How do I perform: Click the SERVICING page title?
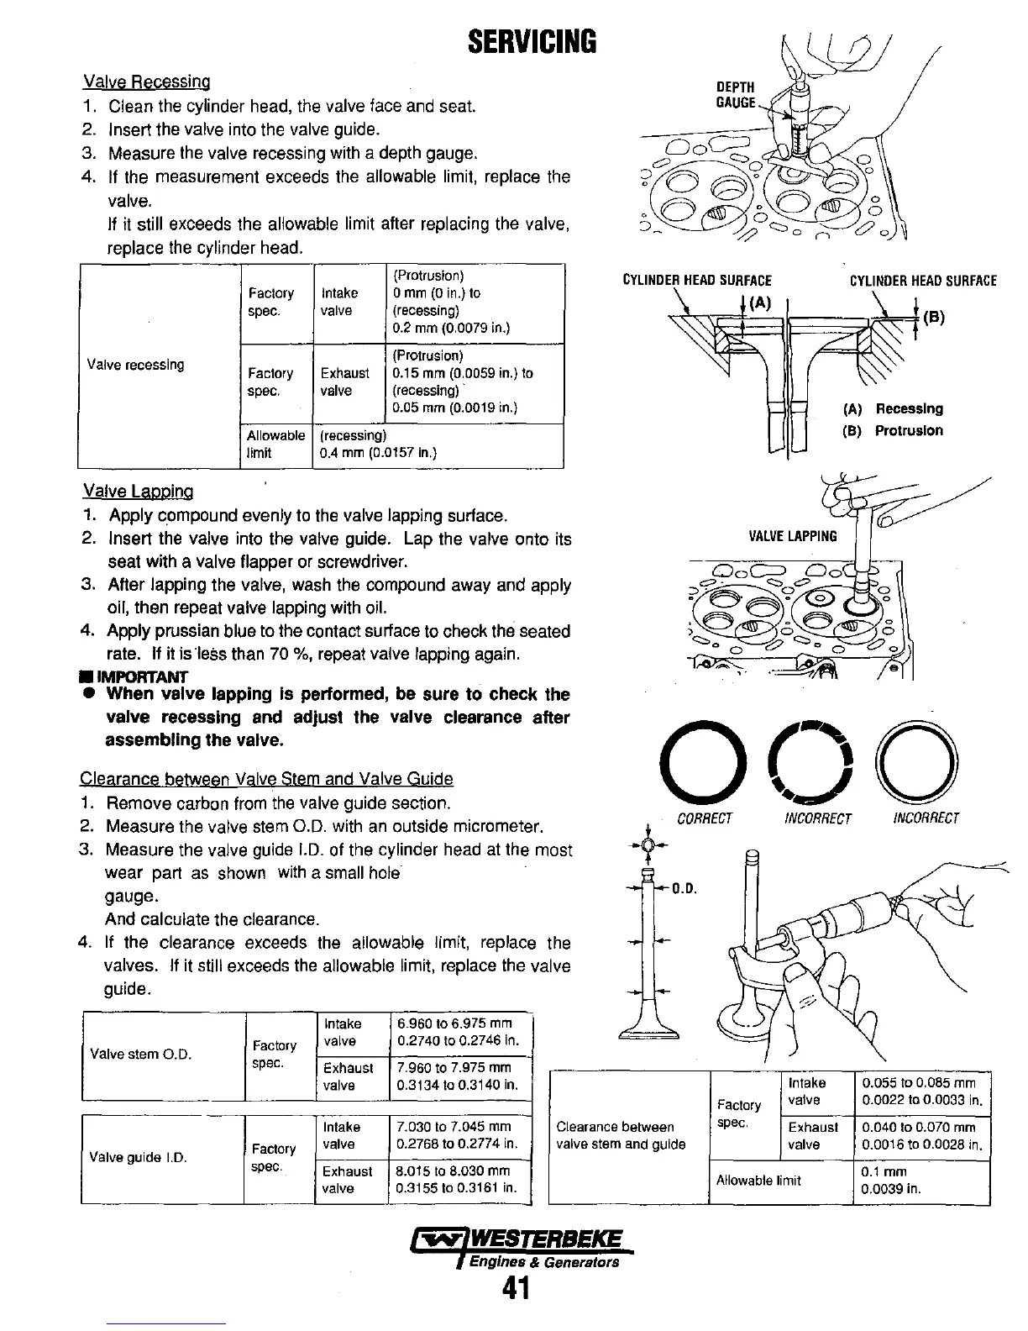tap(531, 40)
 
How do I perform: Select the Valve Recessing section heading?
tap(146, 82)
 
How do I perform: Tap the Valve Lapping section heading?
tap(138, 492)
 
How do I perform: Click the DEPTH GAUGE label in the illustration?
tap(735, 95)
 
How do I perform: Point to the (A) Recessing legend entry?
tap(892, 409)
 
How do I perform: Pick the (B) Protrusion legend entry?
tap(892, 431)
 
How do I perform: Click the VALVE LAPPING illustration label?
tap(792, 536)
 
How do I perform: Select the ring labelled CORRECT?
tap(702, 761)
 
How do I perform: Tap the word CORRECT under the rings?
tap(705, 818)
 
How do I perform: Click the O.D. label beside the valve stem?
tap(686, 889)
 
